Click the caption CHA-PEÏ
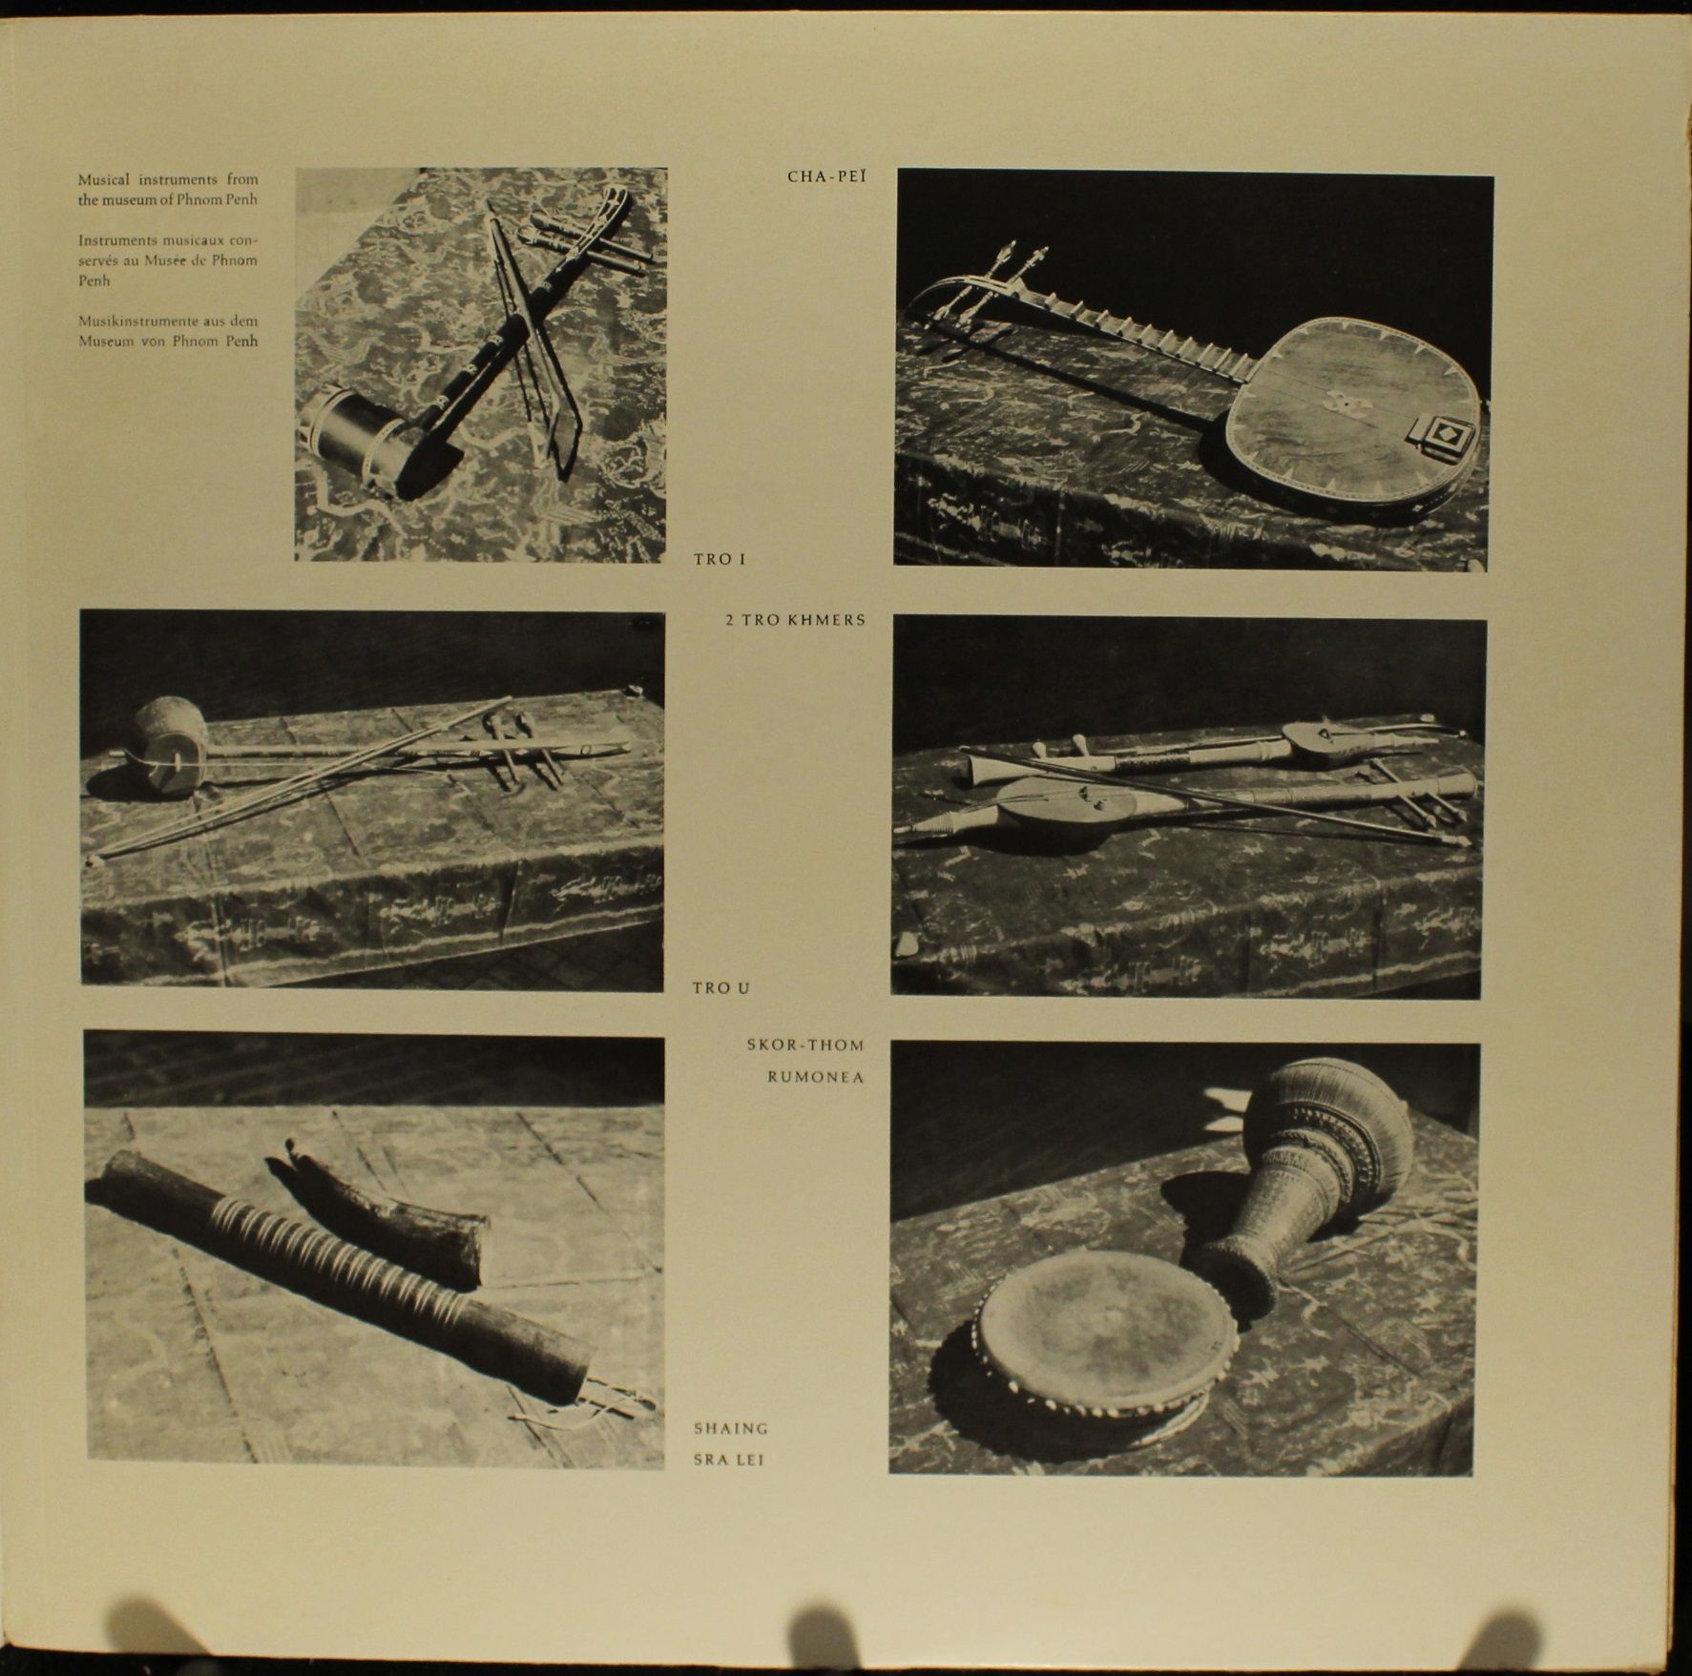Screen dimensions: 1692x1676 pos(827,176)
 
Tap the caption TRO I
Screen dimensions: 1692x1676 pos(720,559)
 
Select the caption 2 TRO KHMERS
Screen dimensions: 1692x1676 pos(796,620)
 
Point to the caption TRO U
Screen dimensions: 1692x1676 pos(721,988)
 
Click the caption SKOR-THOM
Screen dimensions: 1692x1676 pos(805,1045)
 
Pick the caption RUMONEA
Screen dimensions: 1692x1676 pos(816,1077)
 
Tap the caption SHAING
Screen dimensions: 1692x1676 pos(731,1428)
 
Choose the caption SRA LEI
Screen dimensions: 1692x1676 pos(729,1459)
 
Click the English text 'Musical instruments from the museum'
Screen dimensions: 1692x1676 pos(168,189)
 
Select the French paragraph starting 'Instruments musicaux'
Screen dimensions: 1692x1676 pos(168,259)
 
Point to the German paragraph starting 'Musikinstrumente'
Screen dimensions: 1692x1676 pos(168,331)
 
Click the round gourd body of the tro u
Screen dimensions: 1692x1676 pos(169,745)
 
